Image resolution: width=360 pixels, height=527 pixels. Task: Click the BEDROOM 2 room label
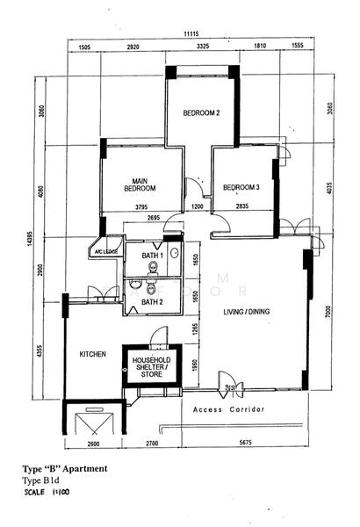[201, 113]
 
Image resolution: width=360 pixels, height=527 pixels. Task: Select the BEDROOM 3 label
[241, 187]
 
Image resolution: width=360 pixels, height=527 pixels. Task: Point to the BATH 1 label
[139, 256]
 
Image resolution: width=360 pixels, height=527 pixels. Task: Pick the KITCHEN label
[93, 354]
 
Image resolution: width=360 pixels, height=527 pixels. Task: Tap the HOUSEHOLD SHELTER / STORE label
[151, 367]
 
